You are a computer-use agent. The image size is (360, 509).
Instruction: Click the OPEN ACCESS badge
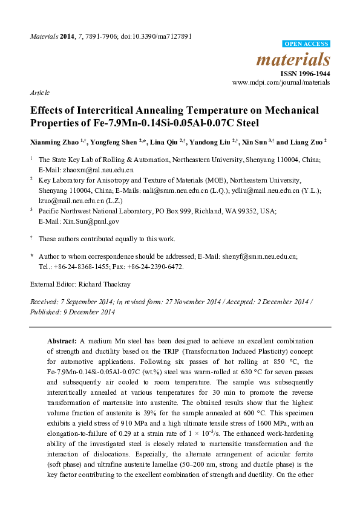[307, 44]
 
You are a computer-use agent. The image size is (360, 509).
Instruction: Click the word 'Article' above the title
[40, 92]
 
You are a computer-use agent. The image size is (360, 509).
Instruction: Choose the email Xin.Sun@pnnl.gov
[85, 221]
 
